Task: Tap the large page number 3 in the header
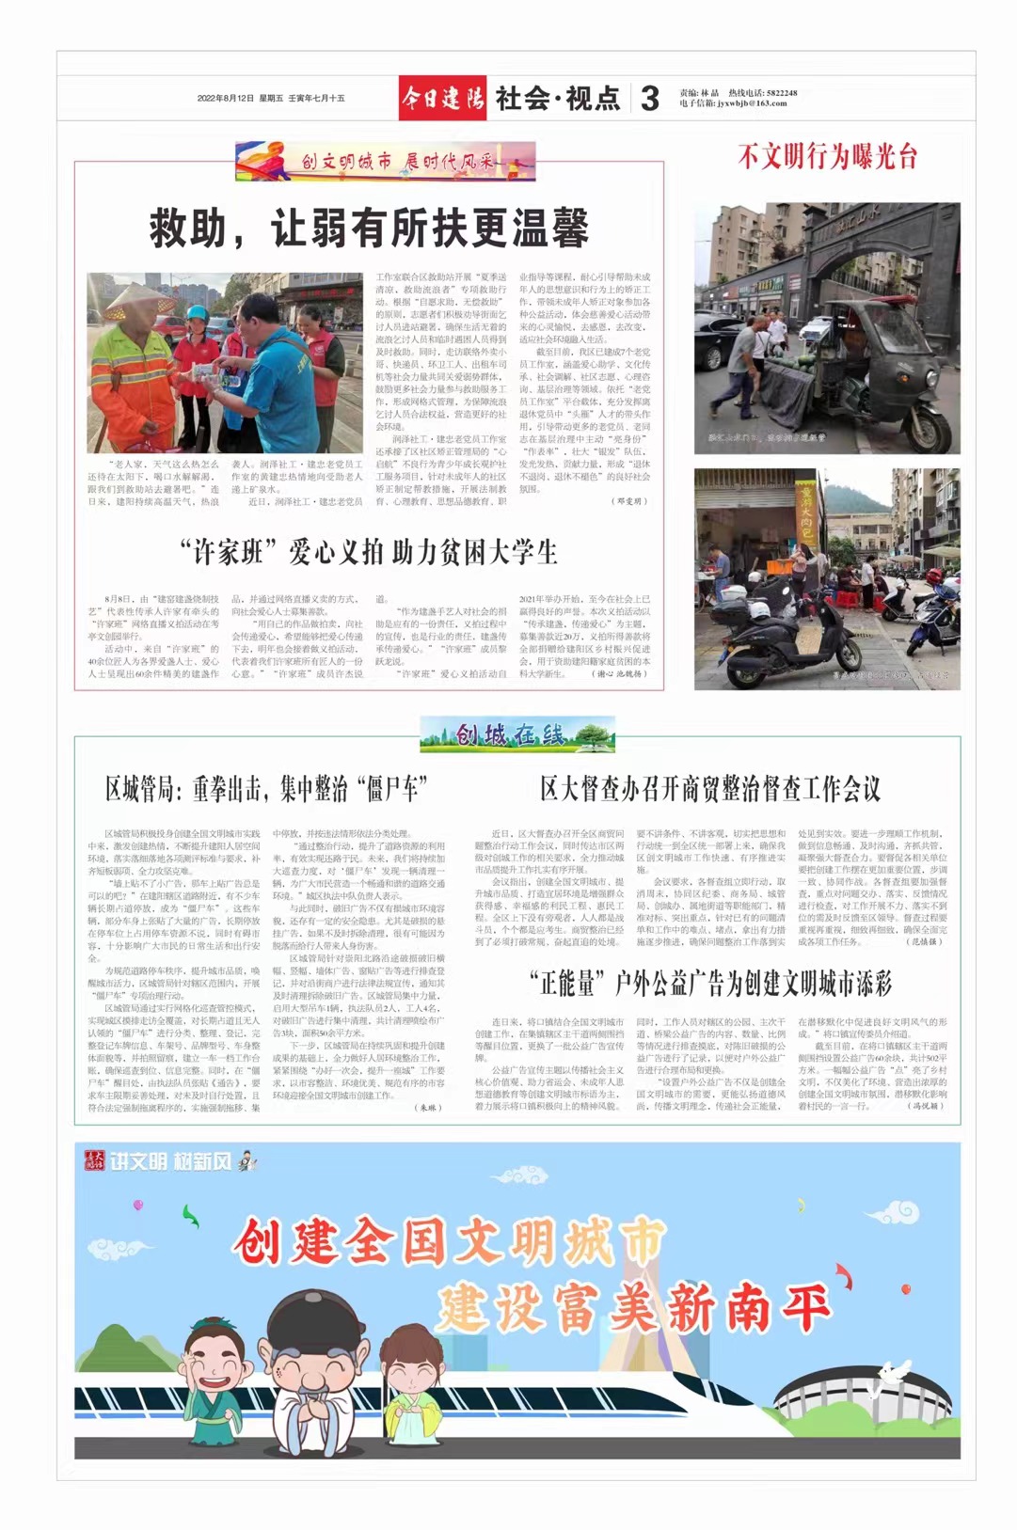649,99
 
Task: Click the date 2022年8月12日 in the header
226,98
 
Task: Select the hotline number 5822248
781,93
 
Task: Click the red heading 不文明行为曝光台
827,156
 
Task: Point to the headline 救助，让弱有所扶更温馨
369,229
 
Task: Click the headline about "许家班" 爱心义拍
369,552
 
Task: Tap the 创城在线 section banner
516,734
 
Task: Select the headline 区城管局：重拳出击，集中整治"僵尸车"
267,788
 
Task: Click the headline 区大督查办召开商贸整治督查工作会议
710,788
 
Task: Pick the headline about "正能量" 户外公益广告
710,984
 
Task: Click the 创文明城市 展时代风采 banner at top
386,162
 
